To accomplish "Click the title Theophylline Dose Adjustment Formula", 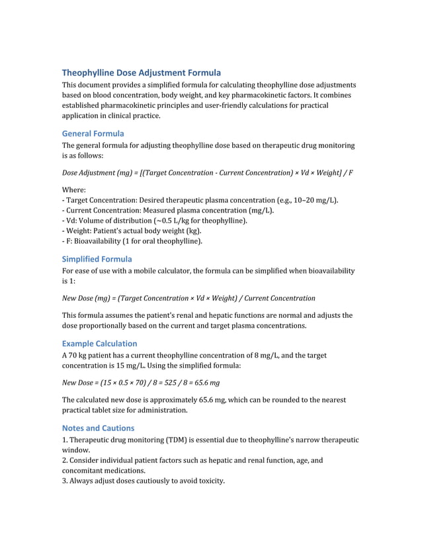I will click(141, 73).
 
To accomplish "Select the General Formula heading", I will click(93, 133).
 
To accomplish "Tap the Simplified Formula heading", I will click(97, 259).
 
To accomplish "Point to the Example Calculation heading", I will click(99, 344).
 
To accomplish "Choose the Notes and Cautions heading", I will click(98, 428).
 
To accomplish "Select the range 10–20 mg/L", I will click(313, 200).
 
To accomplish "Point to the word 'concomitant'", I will click(85, 471).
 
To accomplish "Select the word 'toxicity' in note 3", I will click(209, 481).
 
